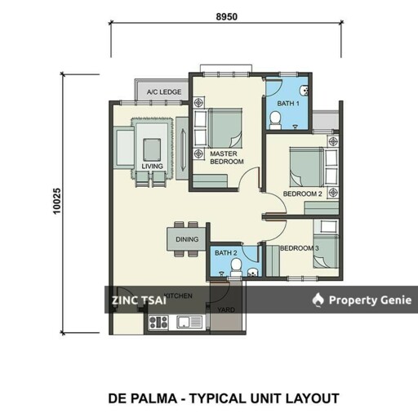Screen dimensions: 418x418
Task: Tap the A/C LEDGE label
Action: [164, 92]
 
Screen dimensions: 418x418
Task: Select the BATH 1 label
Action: [287, 103]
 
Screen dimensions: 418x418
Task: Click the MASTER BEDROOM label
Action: [227, 158]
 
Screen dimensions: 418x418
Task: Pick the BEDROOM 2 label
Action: [302, 193]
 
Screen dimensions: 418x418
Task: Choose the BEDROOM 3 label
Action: [299, 248]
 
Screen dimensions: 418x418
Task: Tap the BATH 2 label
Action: [225, 253]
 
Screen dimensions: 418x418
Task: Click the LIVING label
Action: [152, 167]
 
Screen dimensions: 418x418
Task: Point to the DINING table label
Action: [187, 239]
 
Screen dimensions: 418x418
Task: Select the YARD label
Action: [226, 310]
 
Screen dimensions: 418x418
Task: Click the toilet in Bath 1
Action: [276, 121]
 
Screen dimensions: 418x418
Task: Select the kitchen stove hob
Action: [158, 322]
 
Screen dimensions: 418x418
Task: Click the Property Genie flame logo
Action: [318, 300]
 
